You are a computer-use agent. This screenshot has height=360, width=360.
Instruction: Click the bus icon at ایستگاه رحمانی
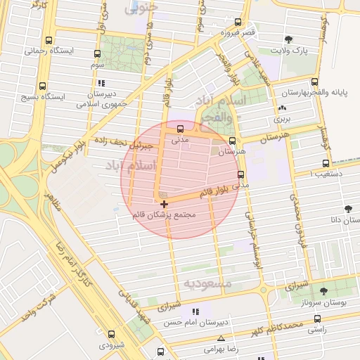[x=48, y=40]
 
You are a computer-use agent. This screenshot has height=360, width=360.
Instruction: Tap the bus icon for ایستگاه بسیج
[x=48, y=85]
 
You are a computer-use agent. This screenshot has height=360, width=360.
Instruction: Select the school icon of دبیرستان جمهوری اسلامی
[x=102, y=82]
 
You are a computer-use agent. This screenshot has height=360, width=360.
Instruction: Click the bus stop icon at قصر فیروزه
[x=238, y=22]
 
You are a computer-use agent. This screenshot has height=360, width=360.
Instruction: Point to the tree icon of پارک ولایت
[x=289, y=39]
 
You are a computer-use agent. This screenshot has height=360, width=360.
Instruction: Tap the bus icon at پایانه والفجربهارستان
[x=314, y=82]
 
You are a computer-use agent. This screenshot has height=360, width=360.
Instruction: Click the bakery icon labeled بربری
[x=283, y=108]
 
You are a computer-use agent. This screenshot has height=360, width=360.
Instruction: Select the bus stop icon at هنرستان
[x=232, y=140]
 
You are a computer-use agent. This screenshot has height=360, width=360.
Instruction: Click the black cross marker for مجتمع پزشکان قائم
[x=165, y=204]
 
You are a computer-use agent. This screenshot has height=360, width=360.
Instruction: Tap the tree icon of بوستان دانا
[x=347, y=208]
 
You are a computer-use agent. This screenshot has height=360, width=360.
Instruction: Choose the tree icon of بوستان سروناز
[x=323, y=291]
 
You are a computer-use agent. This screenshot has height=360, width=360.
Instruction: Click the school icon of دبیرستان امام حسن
[x=195, y=311]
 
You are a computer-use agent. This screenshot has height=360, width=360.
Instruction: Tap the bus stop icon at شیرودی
[x=112, y=334]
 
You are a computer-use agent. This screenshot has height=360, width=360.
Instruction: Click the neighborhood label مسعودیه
[x=207, y=283]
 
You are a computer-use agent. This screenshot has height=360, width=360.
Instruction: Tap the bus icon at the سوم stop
[x=96, y=53]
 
